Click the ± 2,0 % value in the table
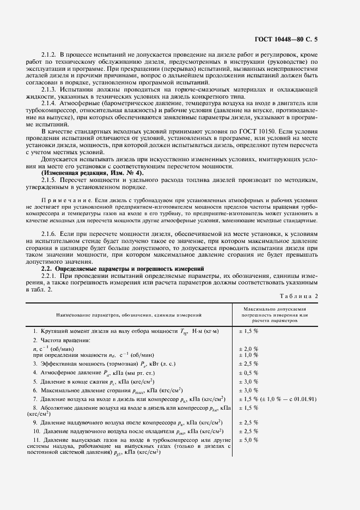point(248,348)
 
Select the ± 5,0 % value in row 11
point(248,439)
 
